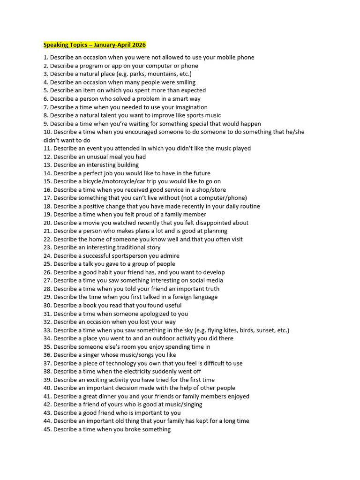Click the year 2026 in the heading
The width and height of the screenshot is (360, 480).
click(138, 45)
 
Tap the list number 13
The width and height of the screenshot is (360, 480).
click(47, 165)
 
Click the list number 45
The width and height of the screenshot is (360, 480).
click(47, 429)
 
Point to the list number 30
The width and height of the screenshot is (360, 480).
click(47, 306)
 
